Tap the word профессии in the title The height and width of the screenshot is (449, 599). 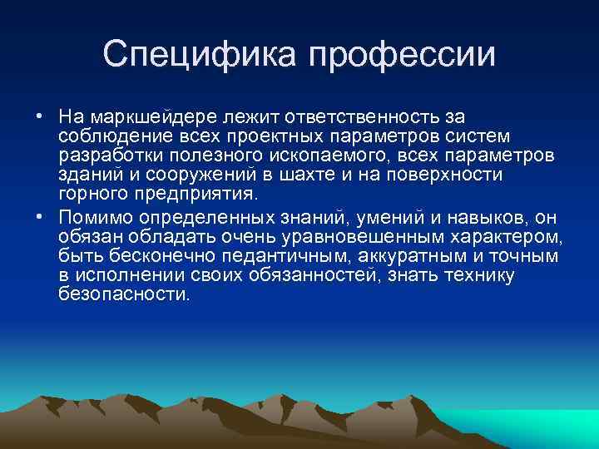pos(402,56)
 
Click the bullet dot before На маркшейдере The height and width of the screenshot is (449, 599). pos(39,115)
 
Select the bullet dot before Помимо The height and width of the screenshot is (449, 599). pos(39,217)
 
